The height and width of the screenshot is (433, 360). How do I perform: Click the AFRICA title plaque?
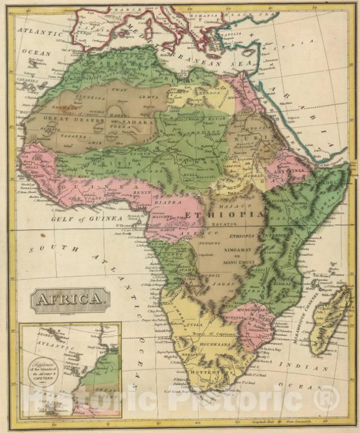point(70,300)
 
